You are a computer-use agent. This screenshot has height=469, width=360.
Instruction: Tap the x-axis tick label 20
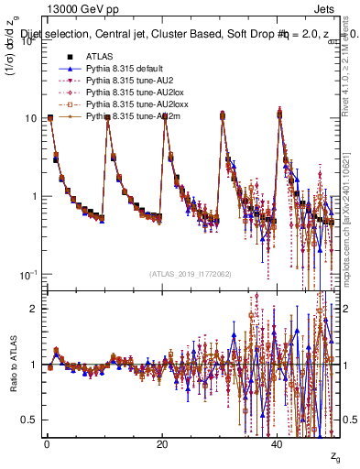(161, 444)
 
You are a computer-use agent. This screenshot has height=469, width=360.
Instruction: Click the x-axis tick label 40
(278, 444)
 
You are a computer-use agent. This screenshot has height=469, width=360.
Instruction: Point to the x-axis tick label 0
(46, 444)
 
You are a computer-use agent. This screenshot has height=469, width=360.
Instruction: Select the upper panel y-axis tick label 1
(34, 196)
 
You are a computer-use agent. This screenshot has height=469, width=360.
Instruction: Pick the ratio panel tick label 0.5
(29, 420)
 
